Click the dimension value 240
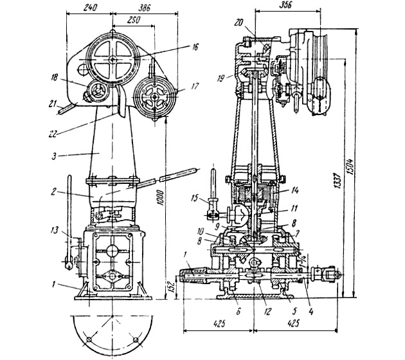[91, 8]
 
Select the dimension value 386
[144, 8]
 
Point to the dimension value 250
[133, 20]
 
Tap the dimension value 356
[285, 4]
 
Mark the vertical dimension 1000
[161, 198]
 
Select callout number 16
[195, 47]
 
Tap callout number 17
[195, 86]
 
